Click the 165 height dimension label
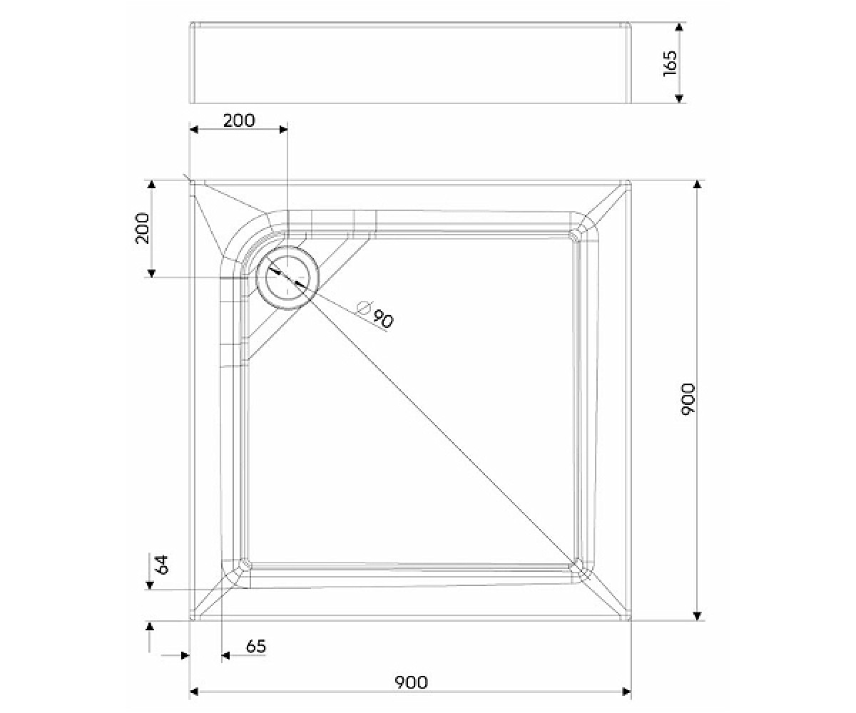670,63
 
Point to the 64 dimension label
163,565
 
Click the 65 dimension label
256,646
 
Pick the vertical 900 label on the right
688,399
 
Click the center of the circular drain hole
287,278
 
